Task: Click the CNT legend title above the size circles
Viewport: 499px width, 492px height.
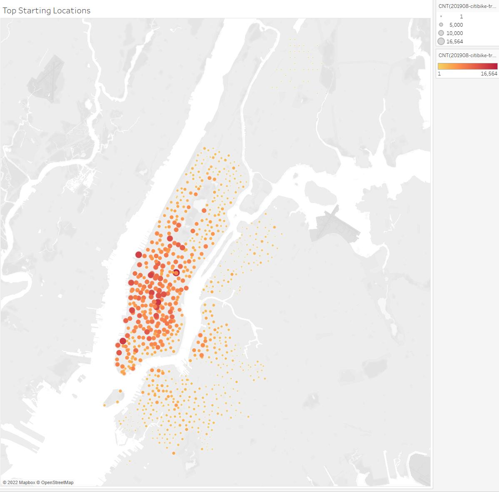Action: pyautogui.click(x=467, y=6)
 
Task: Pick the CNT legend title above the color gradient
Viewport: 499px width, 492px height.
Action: pyautogui.click(x=467, y=55)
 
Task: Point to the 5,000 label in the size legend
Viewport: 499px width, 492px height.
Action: pyautogui.click(x=456, y=25)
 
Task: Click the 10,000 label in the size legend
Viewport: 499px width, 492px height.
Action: pyautogui.click(x=454, y=33)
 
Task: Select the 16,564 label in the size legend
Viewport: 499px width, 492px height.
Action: pyautogui.click(x=454, y=42)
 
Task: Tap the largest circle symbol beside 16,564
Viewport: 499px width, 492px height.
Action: pyautogui.click(x=441, y=41)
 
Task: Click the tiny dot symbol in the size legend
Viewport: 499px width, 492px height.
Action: pyautogui.click(x=441, y=17)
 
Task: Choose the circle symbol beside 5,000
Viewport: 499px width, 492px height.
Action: pyautogui.click(x=441, y=25)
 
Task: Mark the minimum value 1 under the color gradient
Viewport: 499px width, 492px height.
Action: pyautogui.click(x=439, y=74)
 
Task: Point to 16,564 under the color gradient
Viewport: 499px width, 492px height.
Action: pyautogui.click(x=489, y=74)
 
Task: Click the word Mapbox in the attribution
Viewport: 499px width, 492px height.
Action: pyautogui.click(x=27, y=482)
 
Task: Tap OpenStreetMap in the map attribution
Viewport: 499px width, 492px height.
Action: pyautogui.click(x=57, y=482)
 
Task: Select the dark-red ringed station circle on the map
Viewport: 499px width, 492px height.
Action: pyautogui.click(x=176, y=273)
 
